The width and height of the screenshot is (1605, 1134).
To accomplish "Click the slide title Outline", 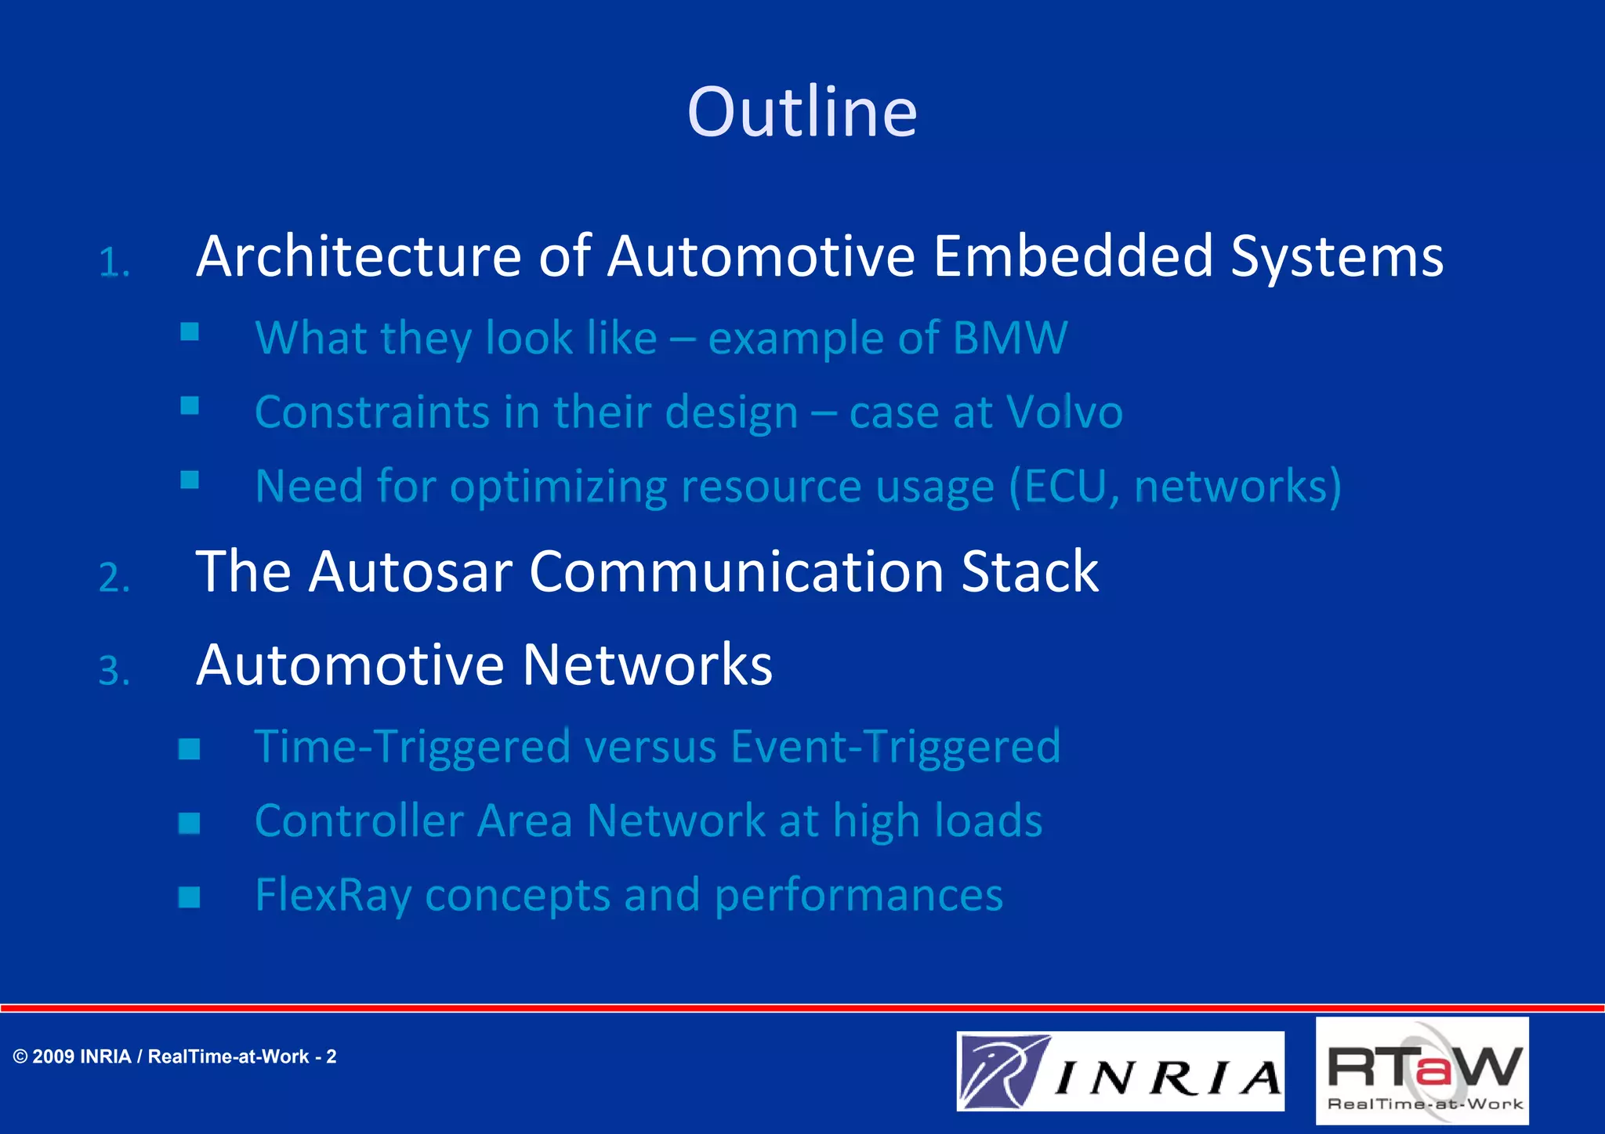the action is pyautogui.click(x=802, y=112).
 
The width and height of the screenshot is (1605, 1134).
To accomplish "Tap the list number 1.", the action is pyautogui.click(x=114, y=263).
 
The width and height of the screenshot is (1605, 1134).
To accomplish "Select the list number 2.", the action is pyautogui.click(x=114, y=578).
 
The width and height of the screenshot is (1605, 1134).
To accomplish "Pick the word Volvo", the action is pyautogui.click(x=1063, y=412).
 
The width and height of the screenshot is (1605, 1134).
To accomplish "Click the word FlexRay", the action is pyautogui.click(x=332, y=895).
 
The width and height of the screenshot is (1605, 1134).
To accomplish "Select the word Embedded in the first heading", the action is pyautogui.click(x=1073, y=256).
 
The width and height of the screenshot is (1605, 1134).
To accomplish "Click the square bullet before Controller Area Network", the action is pyautogui.click(x=189, y=823).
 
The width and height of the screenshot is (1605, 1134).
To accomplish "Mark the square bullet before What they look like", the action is pyautogui.click(x=189, y=332).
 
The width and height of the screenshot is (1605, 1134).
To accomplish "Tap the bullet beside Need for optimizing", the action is pyautogui.click(x=189, y=480).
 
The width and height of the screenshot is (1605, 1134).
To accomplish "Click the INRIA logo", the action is pyautogui.click(x=1120, y=1071).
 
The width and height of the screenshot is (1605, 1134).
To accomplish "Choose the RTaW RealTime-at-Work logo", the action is pyautogui.click(x=1422, y=1071).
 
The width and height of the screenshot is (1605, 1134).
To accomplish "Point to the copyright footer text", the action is pyautogui.click(x=175, y=1056).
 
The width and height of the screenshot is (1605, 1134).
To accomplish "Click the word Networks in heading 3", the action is pyautogui.click(x=647, y=665).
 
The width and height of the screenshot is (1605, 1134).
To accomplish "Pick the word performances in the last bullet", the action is pyautogui.click(x=858, y=895).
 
